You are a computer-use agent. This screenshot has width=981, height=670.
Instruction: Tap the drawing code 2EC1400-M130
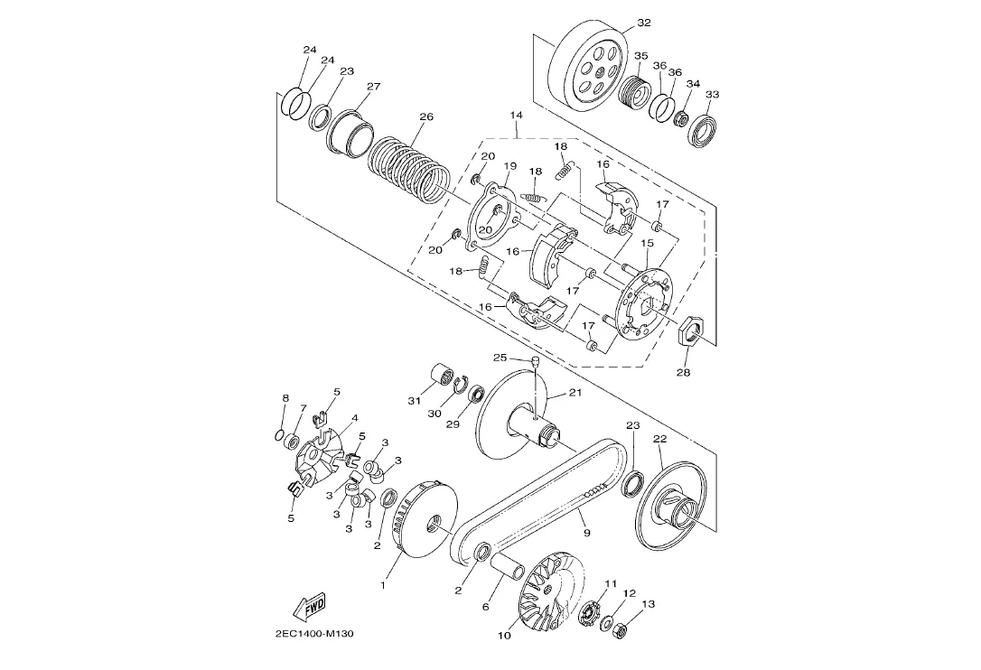click(314, 634)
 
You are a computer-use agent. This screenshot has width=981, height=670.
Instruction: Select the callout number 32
click(644, 23)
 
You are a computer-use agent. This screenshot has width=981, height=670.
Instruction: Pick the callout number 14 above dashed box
click(516, 115)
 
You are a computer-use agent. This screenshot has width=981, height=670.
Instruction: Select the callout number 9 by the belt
click(586, 533)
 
